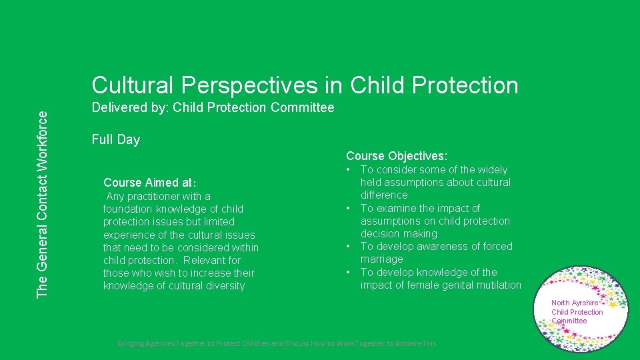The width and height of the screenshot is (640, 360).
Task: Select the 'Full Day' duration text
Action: point(115,139)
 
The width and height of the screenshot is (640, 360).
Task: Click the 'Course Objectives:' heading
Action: point(396,156)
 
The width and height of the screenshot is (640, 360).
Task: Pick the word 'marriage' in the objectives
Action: point(381,259)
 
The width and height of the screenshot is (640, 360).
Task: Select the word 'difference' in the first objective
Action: point(384,195)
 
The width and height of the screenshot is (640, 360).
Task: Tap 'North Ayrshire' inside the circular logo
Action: point(575,303)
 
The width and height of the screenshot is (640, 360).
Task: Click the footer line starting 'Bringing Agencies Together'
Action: point(277,343)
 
